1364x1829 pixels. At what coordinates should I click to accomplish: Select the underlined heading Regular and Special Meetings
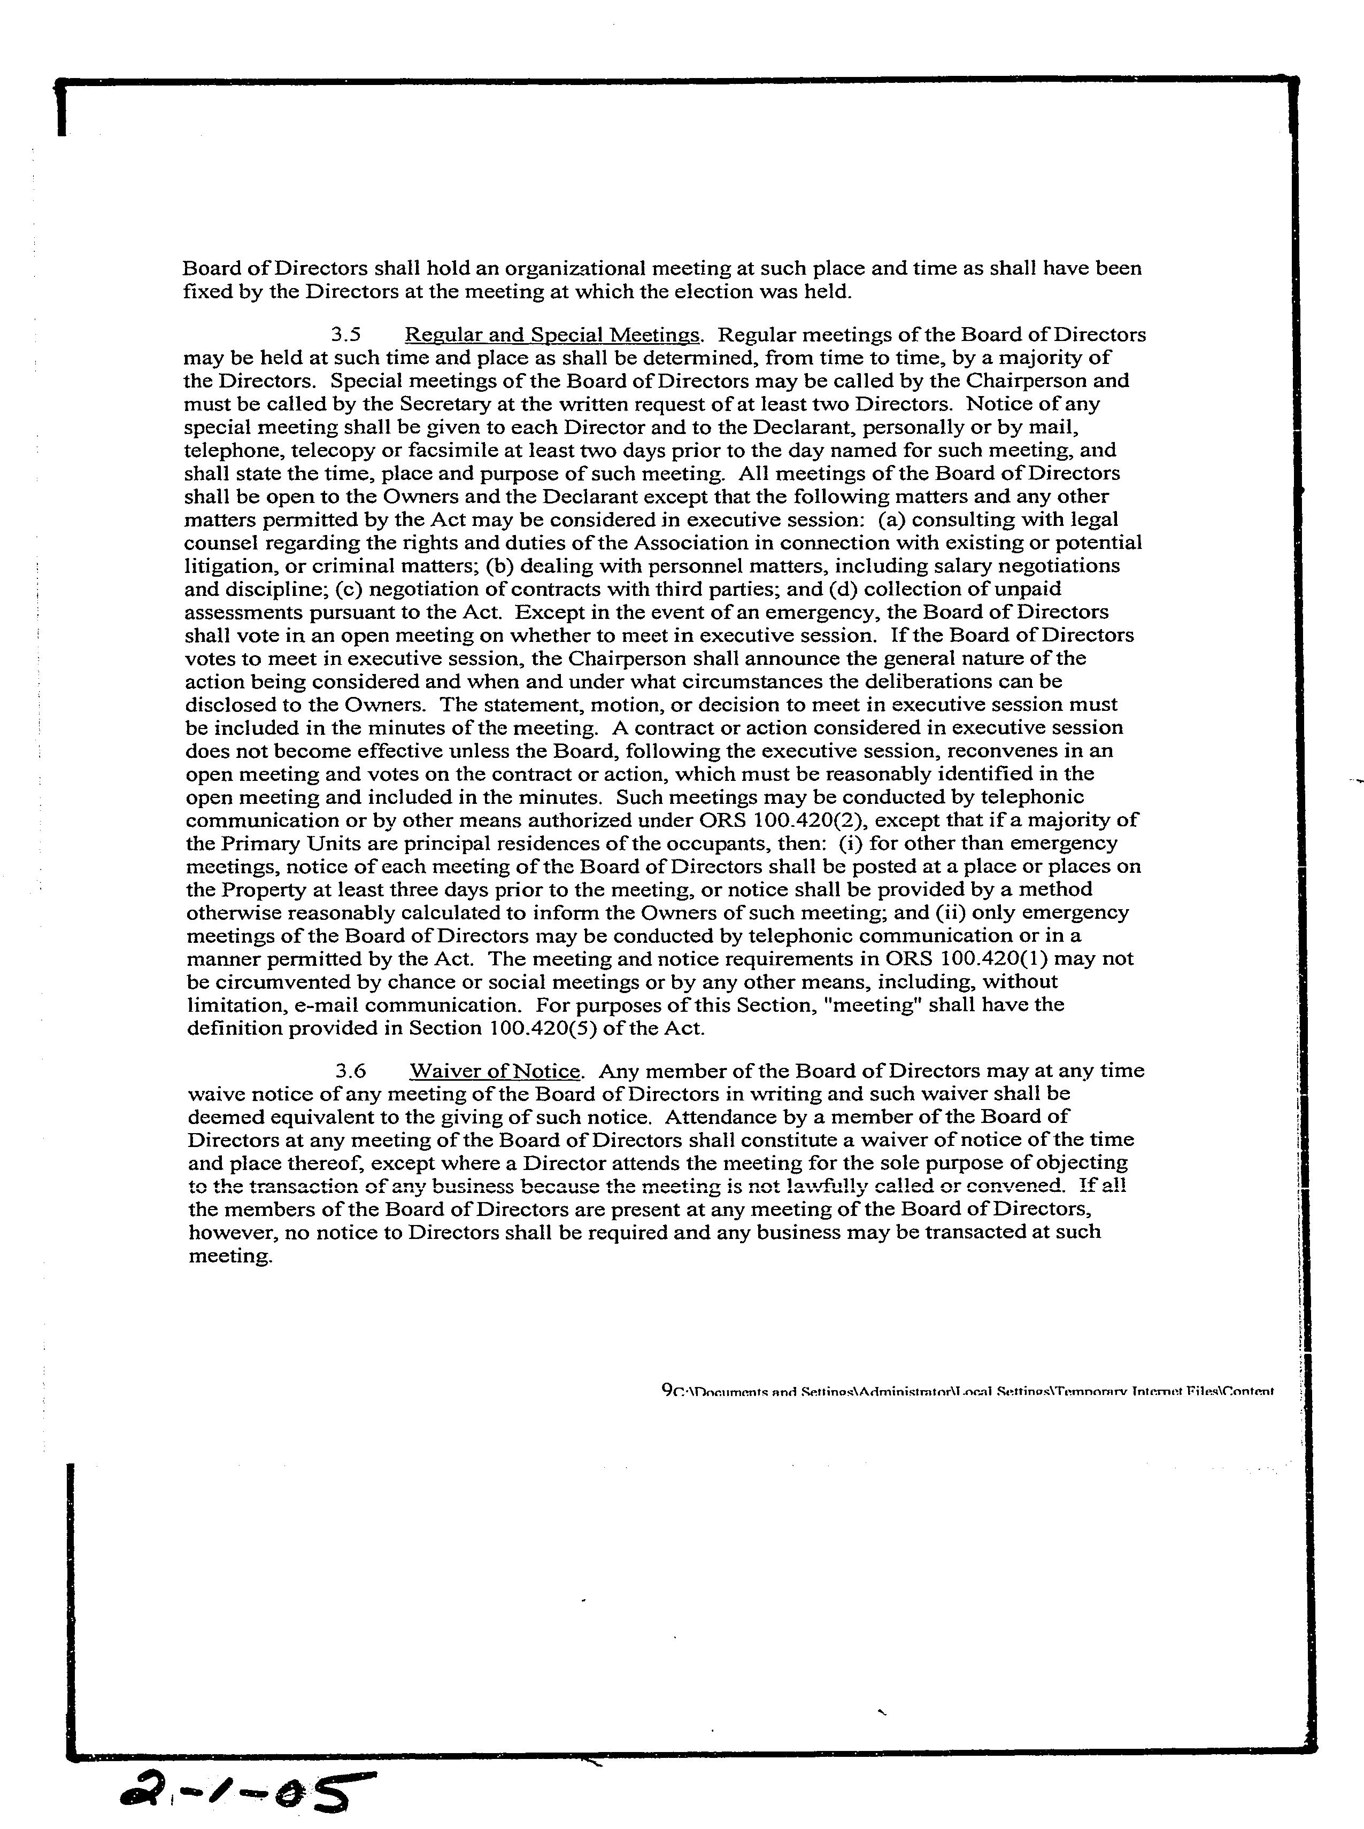click(552, 335)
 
